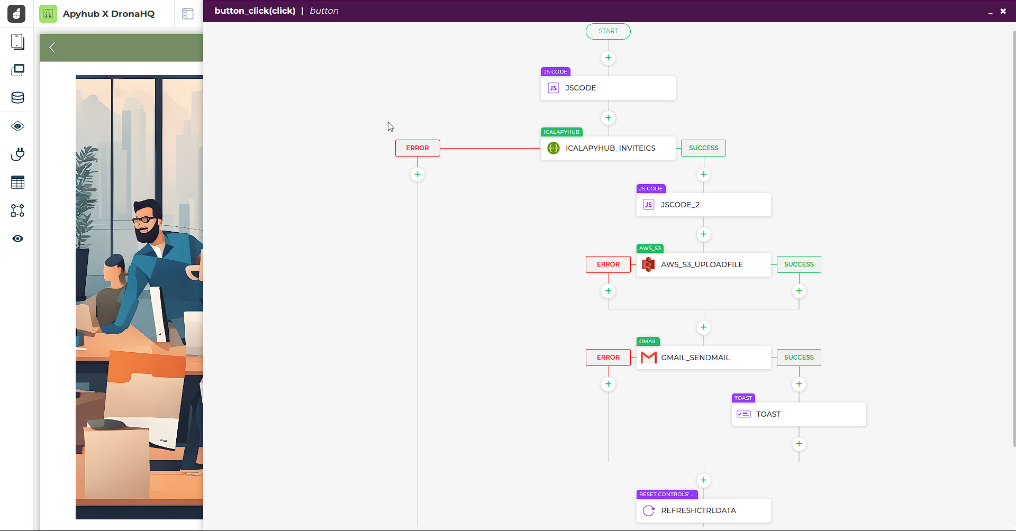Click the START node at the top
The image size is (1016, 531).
click(x=608, y=31)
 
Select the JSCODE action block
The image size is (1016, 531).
click(x=608, y=88)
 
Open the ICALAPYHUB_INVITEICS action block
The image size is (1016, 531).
click(x=608, y=148)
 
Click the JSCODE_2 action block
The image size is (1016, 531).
click(x=703, y=205)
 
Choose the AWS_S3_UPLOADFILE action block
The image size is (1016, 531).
click(x=703, y=264)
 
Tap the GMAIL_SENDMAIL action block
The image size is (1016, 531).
click(x=703, y=358)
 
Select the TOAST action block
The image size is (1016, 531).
click(x=799, y=414)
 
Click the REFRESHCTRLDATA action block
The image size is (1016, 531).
click(x=703, y=510)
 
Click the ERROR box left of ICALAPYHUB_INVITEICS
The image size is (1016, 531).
click(x=418, y=148)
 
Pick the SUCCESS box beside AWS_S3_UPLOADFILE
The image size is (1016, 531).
click(x=799, y=264)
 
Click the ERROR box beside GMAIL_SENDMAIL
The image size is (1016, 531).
click(x=608, y=358)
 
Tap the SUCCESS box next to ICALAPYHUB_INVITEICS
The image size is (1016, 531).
click(x=703, y=148)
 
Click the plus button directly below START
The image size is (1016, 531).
click(x=608, y=58)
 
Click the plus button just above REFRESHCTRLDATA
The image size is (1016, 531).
click(x=703, y=480)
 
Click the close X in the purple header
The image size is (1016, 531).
click(x=1003, y=11)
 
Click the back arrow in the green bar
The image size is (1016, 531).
click(x=52, y=48)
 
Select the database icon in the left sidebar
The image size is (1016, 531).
click(x=17, y=98)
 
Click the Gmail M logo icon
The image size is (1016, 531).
click(x=648, y=358)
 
